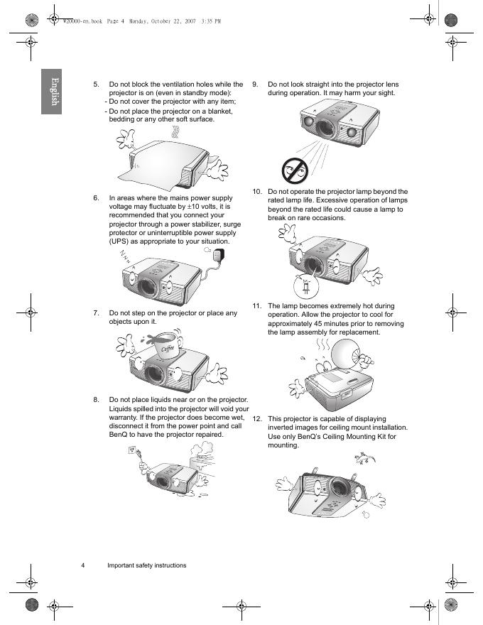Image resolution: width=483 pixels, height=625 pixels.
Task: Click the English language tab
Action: click(x=51, y=92)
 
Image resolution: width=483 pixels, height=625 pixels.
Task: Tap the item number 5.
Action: click(x=96, y=85)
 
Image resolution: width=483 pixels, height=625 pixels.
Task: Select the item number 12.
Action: click(x=257, y=419)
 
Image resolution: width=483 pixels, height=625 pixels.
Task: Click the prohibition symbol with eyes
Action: click(x=295, y=170)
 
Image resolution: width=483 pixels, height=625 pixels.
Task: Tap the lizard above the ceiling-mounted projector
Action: click(x=364, y=458)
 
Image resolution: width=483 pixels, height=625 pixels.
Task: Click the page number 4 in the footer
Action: click(x=83, y=565)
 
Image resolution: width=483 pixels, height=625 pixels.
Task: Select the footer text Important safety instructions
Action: click(x=146, y=565)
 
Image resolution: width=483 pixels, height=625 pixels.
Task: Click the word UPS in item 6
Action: click(x=119, y=241)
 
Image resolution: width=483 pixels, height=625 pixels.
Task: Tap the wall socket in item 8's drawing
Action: click(x=133, y=450)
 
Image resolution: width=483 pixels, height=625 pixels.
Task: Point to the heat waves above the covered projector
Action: click(x=175, y=132)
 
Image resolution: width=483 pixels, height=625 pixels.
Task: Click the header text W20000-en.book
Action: click(x=83, y=21)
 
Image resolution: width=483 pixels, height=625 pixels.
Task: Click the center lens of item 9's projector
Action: click(x=325, y=126)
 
